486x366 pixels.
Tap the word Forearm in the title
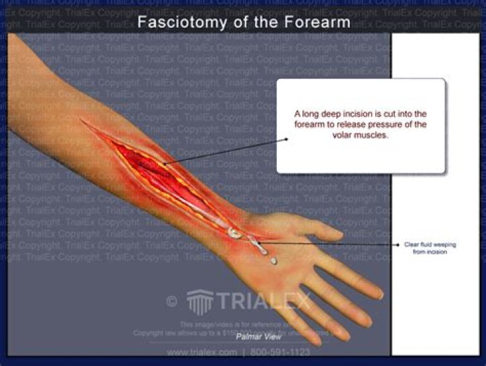tap(319, 22)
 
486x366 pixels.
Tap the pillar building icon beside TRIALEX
tap(199, 300)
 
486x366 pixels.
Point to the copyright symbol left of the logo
tap(172, 301)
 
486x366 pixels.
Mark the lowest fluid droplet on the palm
tap(273, 261)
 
